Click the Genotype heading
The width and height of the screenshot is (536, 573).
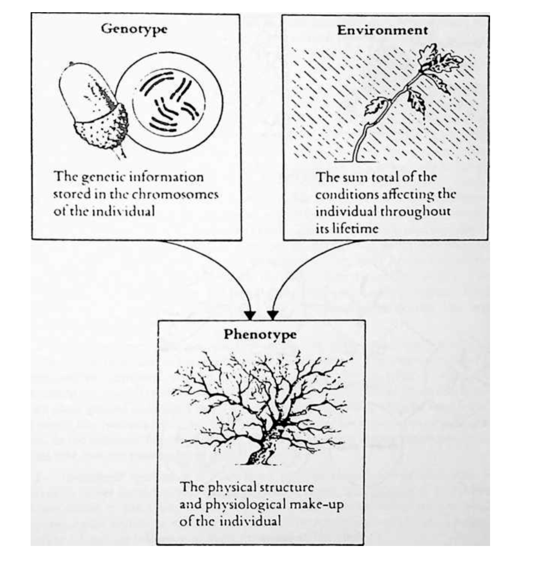tap(134, 29)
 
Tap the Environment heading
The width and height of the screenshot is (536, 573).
tap(382, 30)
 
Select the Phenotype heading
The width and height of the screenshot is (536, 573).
tap(260, 335)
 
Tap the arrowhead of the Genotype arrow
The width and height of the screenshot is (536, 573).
tap(250, 315)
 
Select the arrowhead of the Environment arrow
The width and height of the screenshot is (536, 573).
tap(273, 315)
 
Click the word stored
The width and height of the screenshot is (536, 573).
tap(72, 194)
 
